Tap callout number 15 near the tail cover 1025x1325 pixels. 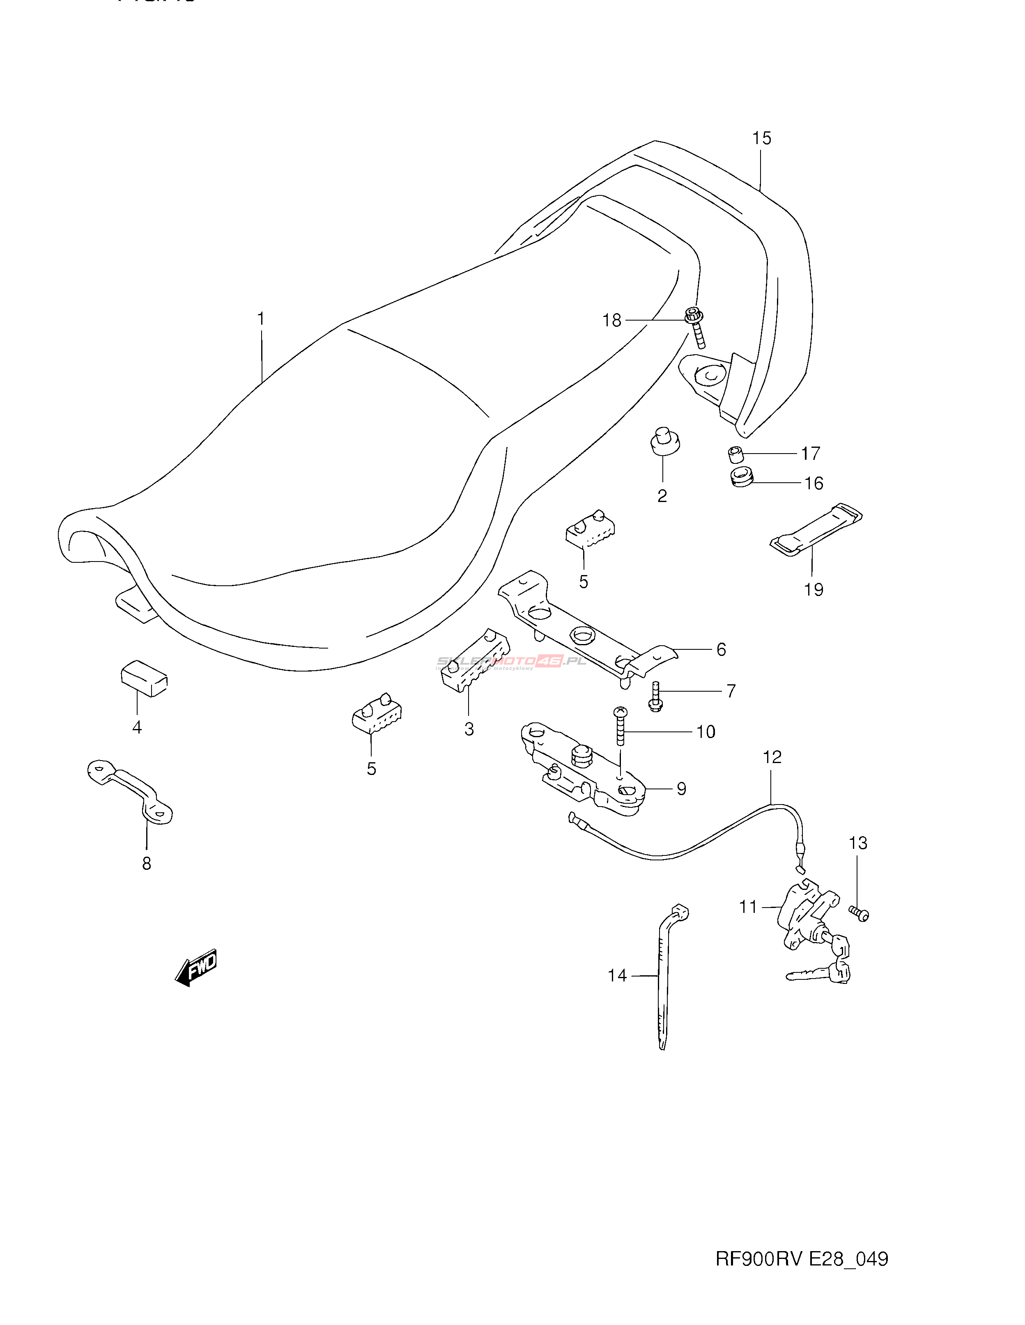[x=762, y=138]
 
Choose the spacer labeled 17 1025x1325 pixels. [x=736, y=454]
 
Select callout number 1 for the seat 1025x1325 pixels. [x=261, y=319]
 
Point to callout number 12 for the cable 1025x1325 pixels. [x=772, y=757]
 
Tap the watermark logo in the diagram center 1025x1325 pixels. [x=512, y=661]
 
